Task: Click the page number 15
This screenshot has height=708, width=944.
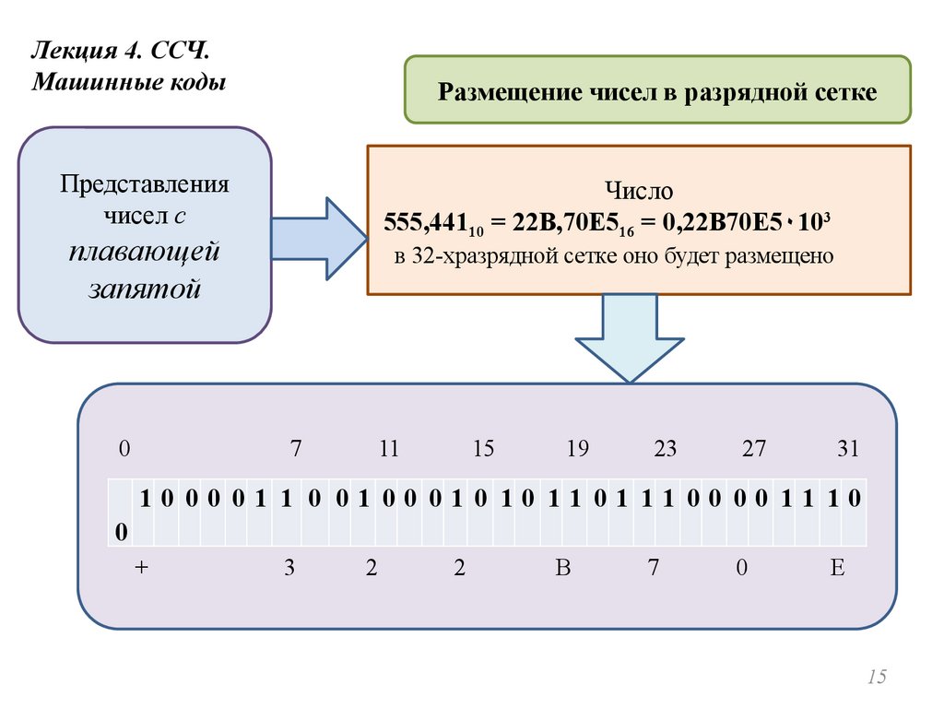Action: pos(876,678)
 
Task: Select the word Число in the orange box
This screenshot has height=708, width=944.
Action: pos(639,191)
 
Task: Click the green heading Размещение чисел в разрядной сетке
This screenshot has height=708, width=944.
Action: pos(657,92)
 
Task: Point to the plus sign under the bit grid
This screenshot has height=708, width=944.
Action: pos(141,568)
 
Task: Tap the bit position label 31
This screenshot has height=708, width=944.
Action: pos(848,450)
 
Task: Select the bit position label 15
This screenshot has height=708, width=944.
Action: pos(483,450)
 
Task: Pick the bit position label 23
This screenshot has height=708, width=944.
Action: pos(665,450)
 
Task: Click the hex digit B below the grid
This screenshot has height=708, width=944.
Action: pos(563,568)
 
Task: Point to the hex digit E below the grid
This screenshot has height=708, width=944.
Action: pos(837,568)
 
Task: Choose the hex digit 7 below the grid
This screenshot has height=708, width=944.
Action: pos(653,568)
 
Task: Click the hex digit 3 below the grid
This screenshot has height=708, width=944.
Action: pos(289,568)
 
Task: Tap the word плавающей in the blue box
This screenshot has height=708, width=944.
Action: pos(145,251)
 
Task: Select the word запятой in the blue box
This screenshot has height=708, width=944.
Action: pos(145,288)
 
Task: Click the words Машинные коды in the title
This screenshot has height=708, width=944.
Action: pos(129,82)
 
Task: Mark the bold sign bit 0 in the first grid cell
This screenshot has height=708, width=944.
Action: pos(121,531)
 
